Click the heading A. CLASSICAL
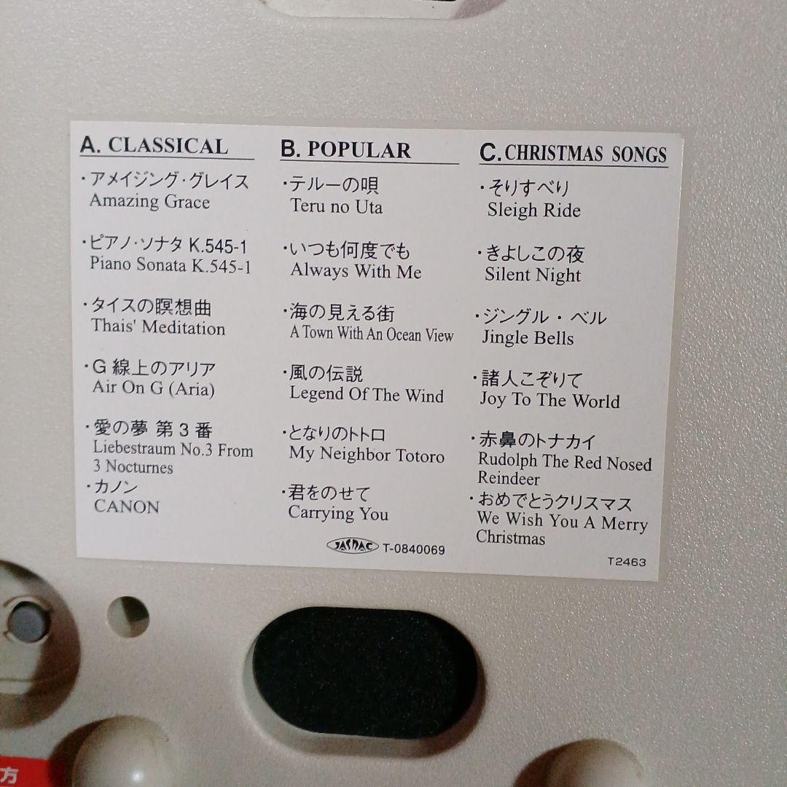point(154,146)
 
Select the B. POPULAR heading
point(345,149)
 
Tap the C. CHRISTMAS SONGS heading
point(573,153)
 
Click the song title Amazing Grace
point(149,202)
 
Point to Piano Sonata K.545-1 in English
point(170,265)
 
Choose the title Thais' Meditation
point(158,326)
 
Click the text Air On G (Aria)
point(154,388)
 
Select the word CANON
point(127,506)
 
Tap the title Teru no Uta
point(336,206)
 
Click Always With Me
point(356,271)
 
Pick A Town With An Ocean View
point(372,333)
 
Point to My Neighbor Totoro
point(367,454)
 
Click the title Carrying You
point(338,513)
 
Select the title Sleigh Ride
point(534,210)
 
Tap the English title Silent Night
point(533,275)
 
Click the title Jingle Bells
point(528,338)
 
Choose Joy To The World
point(549,400)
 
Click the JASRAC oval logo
point(353,546)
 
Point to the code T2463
point(627,562)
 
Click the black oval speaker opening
point(365,672)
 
